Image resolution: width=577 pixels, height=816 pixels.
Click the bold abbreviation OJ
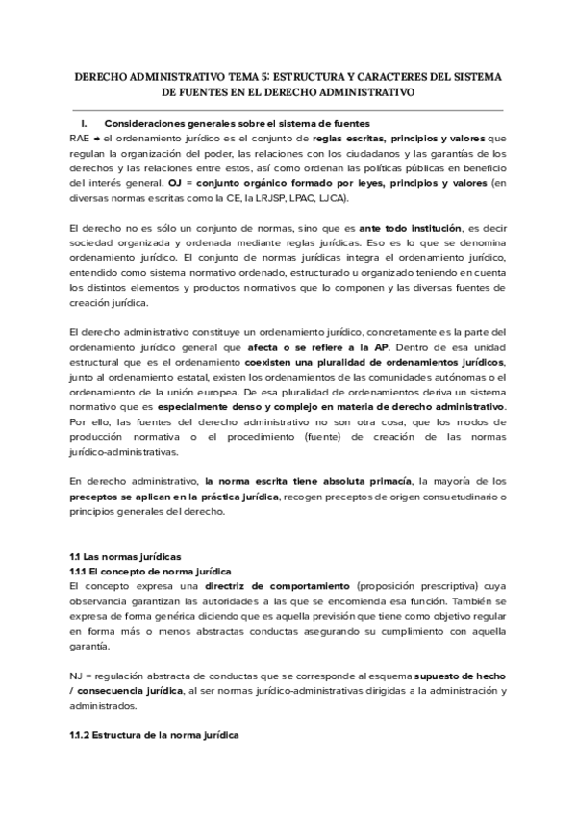[175, 181]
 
